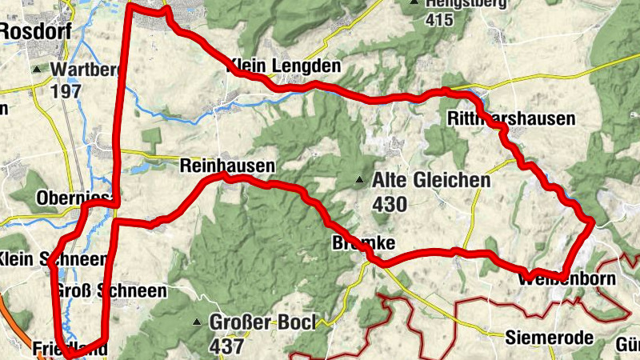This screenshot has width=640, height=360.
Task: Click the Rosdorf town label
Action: (35, 30)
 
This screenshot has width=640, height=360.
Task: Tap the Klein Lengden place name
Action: (284, 66)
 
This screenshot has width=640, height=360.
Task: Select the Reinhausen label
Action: (227, 166)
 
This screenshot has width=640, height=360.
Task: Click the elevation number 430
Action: (390, 204)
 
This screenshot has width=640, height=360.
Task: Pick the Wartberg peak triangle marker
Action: (37, 70)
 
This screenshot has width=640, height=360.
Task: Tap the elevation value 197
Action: (66, 90)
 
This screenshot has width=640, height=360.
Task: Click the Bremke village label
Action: (363, 242)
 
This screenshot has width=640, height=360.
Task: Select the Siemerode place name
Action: (549, 338)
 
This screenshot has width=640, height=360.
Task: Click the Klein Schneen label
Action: (53, 259)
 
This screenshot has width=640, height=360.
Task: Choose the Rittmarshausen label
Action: (510, 119)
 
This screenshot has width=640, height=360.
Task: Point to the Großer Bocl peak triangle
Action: (196, 322)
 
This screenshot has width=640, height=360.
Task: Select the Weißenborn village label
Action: (566, 279)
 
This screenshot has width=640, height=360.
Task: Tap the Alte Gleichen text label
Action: (430, 181)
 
